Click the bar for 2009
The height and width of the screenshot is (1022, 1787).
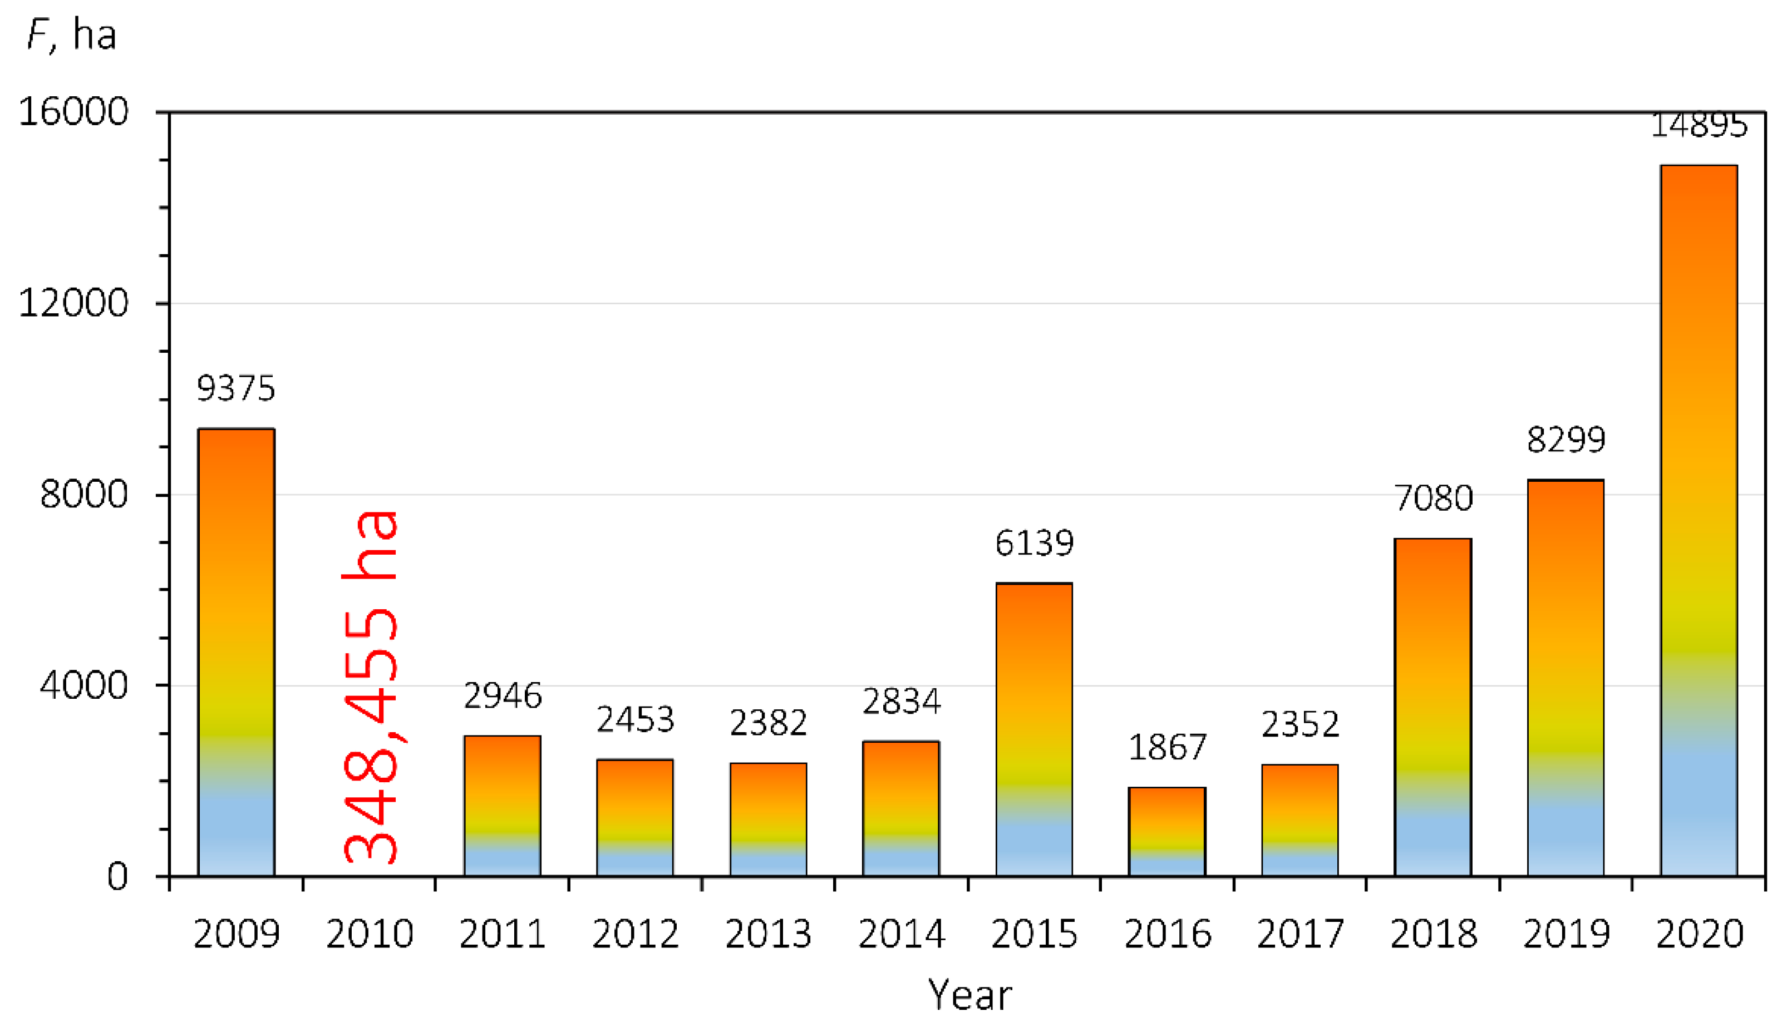(236, 653)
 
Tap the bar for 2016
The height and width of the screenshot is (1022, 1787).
(1167, 832)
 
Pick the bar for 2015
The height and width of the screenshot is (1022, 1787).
(1033, 730)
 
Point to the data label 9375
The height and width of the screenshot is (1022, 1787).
(236, 388)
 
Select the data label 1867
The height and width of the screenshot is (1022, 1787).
(1167, 748)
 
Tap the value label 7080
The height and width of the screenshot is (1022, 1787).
(1433, 498)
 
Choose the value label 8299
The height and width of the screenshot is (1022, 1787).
(1566, 440)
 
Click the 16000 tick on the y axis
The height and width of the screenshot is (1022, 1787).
(73, 112)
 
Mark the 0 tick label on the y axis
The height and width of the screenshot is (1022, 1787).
(117, 877)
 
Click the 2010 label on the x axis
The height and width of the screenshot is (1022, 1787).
(370, 934)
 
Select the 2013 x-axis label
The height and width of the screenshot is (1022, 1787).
(768, 934)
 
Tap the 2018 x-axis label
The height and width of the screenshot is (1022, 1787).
(1433, 934)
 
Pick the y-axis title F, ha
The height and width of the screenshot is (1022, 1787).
(71, 35)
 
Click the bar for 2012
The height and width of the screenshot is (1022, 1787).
(635, 818)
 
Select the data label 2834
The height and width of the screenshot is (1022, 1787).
(901, 701)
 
